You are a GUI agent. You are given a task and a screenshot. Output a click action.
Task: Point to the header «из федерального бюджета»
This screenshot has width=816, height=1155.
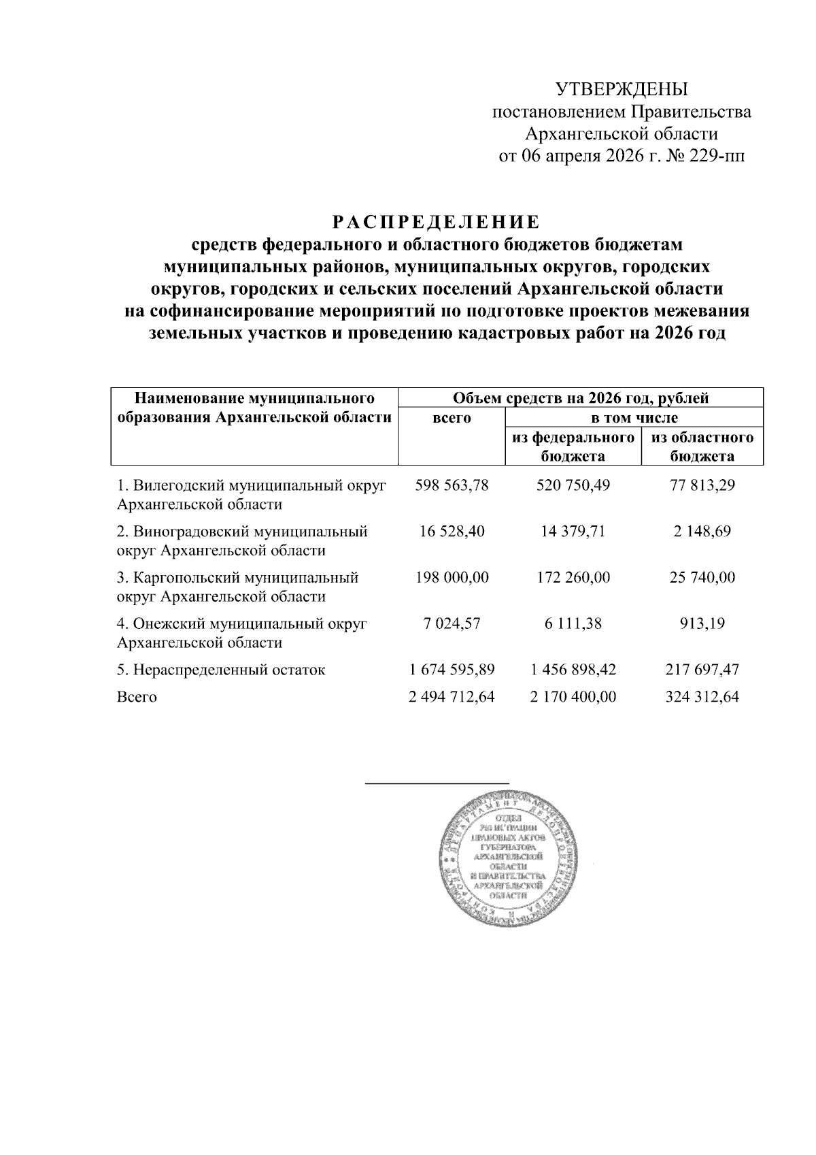pos(573,446)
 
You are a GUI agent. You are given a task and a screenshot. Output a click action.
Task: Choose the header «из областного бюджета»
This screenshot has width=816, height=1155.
pos(702,446)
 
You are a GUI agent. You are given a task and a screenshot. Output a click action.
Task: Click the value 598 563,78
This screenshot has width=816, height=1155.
pos(452,485)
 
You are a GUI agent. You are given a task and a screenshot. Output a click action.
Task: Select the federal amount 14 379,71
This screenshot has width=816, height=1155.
pos(573,531)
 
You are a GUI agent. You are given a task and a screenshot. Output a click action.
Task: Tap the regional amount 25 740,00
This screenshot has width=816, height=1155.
pos(702,577)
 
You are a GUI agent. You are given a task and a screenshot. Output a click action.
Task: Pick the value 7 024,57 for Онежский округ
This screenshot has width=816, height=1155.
pos(452,623)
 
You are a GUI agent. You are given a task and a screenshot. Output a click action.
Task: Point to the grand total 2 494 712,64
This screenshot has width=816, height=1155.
pos(452,697)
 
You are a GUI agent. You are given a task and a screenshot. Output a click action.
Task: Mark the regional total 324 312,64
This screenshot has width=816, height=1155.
pos(702,697)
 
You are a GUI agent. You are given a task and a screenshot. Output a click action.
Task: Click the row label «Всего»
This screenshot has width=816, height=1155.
pos(137,697)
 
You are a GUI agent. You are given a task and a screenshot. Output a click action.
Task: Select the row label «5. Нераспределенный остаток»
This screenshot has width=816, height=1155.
pos(221,670)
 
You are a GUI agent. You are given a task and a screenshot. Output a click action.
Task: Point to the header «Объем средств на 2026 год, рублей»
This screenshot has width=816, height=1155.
pos(580,397)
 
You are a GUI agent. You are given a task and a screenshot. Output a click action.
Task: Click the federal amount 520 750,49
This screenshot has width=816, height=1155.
pos(573,485)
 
